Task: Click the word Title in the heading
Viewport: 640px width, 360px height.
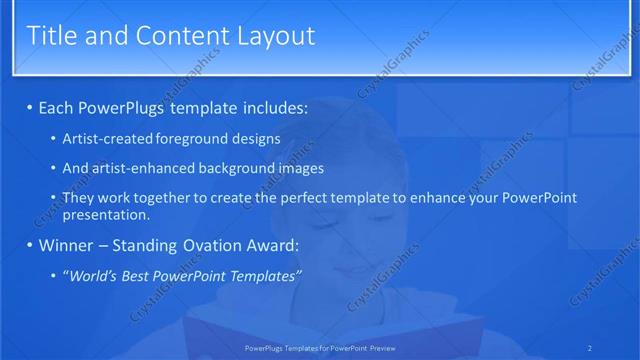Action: pyautogui.click(x=53, y=36)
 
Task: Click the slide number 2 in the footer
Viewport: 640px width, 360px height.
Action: pyautogui.click(x=589, y=348)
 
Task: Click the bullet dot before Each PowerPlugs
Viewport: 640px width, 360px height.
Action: pyautogui.click(x=30, y=106)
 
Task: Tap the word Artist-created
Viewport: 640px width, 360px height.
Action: pyautogui.click(x=106, y=139)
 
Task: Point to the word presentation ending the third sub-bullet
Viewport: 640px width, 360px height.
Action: pyautogui.click(x=104, y=214)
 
